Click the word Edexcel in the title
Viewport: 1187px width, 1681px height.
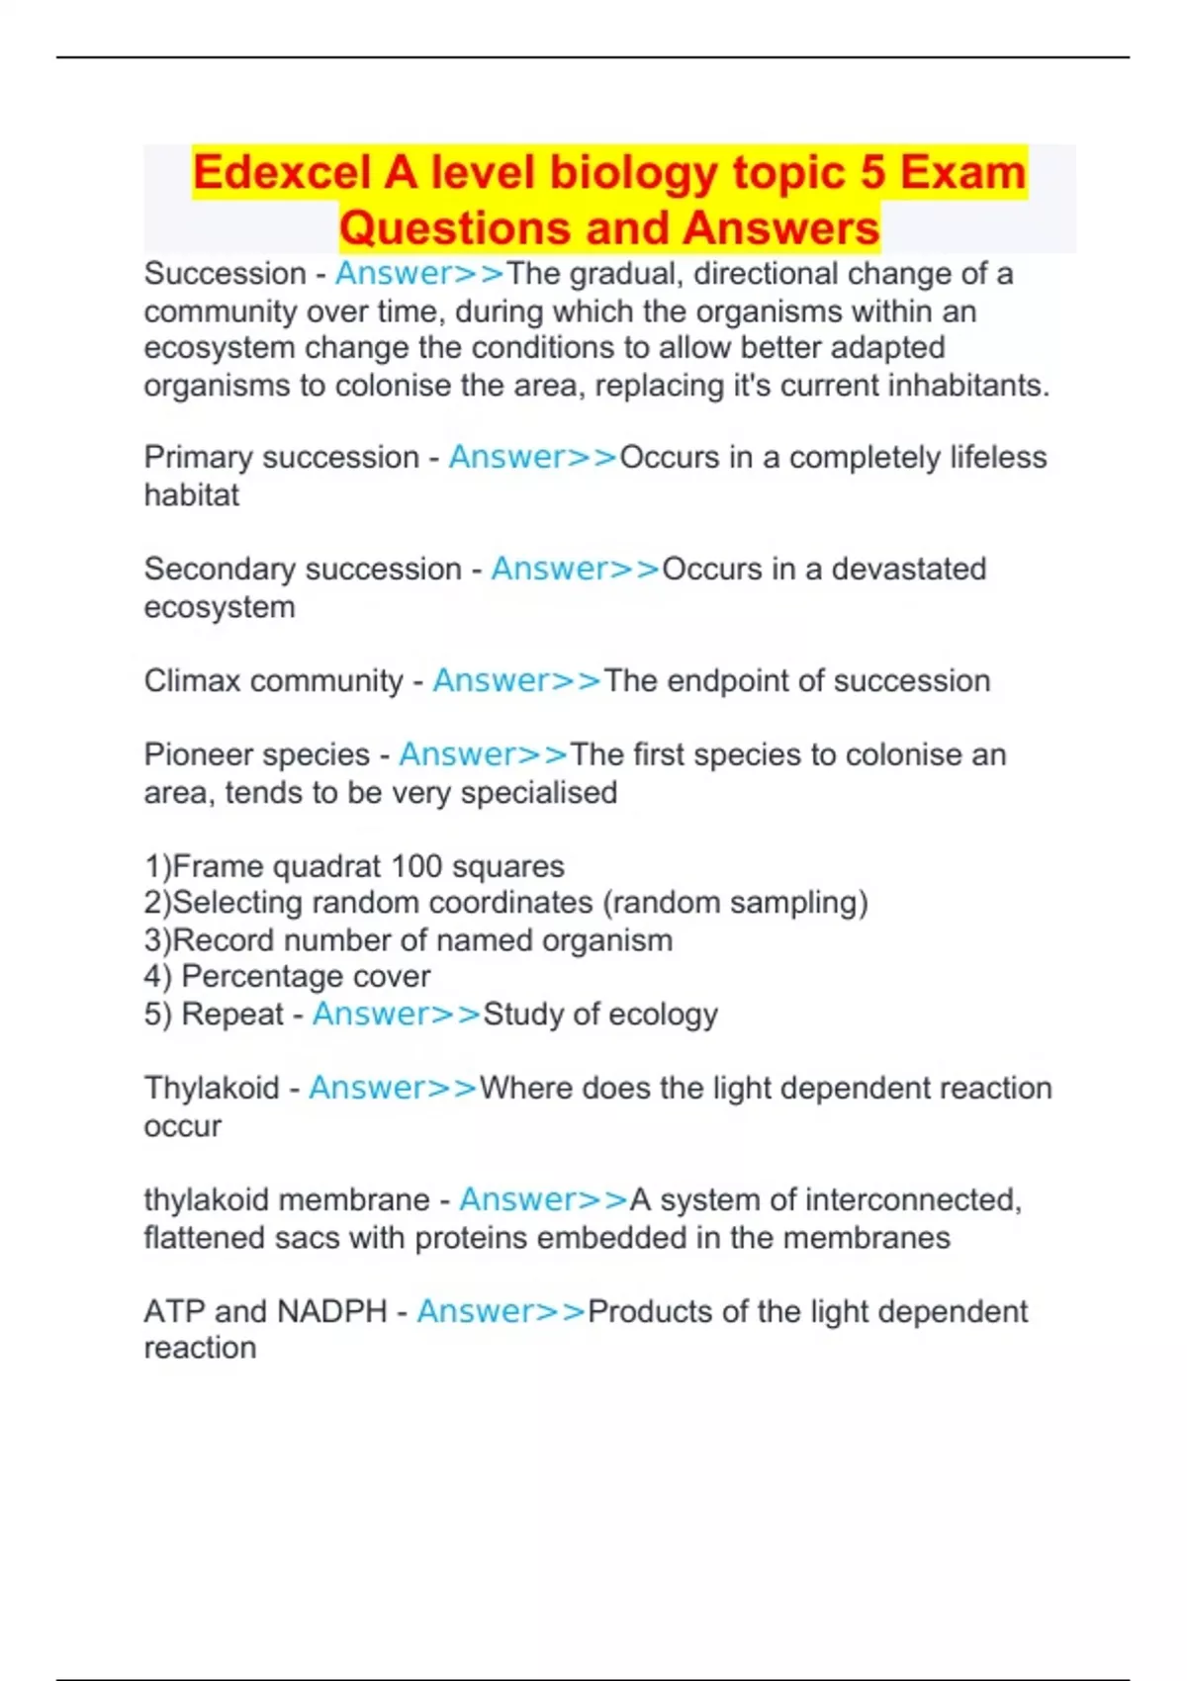[281, 173]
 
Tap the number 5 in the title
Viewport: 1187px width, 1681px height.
[871, 173]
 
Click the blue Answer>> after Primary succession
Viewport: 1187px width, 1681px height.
[533, 458]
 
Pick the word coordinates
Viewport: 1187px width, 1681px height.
[511, 903]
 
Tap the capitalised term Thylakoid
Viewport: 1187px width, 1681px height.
[212, 1089]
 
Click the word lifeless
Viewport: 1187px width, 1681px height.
[998, 458]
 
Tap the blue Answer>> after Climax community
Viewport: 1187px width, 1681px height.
[517, 681]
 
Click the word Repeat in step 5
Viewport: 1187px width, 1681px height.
[232, 1015]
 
